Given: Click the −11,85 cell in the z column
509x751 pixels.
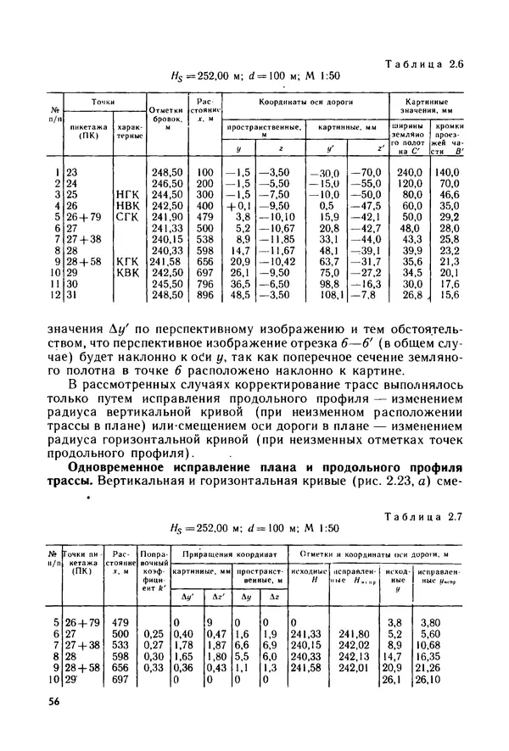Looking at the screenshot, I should tap(277, 239).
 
